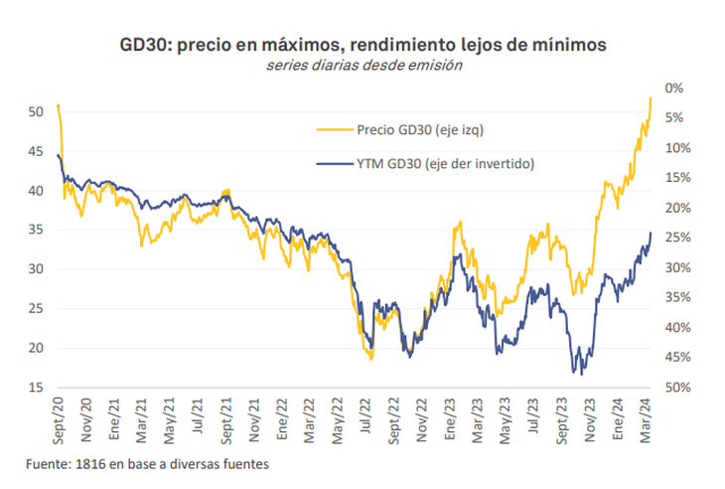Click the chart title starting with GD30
[362, 45]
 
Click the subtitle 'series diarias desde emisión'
[362, 65]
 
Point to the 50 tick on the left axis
[36, 111]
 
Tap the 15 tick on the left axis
[36, 388]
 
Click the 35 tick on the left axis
[36, 230]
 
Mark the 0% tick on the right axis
[674, 87]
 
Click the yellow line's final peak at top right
[650, 97]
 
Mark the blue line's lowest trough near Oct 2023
[574, 373]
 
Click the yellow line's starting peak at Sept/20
[59, 104]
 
